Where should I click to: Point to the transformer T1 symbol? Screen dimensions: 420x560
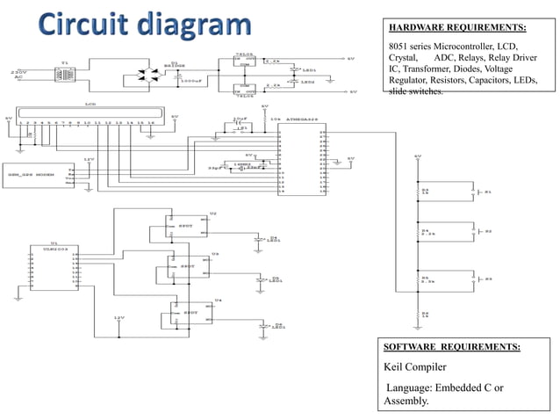point(64,76)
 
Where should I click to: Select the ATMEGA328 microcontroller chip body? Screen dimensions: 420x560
point(300,160)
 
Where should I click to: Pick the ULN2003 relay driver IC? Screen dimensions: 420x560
point(54,269)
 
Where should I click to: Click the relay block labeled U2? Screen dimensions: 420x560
point(185,226)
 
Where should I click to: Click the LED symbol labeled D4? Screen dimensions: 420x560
point(260,238)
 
